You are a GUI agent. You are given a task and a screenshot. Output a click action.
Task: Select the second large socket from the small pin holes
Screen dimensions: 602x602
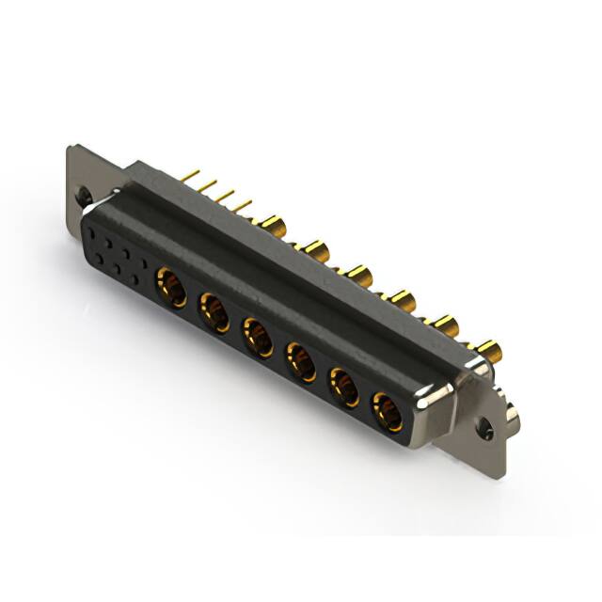tap(214, 310)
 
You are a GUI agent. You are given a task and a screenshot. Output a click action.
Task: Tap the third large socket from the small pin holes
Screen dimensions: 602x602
tap(258, 337)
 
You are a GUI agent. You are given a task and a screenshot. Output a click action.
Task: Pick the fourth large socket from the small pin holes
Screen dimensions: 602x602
tap(301, 361)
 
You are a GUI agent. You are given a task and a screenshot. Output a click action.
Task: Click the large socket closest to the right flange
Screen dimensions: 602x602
tap(387, 411)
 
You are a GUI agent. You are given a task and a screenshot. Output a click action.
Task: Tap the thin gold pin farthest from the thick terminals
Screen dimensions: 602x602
tap(191, 175)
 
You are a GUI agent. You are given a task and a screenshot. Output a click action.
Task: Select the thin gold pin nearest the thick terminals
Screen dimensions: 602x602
tap(242, 204)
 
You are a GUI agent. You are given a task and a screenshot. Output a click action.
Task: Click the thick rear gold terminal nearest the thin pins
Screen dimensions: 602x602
tap(272, 225)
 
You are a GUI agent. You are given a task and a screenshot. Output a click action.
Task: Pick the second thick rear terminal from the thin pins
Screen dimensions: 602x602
tap(316, 250)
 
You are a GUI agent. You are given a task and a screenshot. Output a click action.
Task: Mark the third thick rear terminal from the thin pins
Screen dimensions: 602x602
tap(358, 276)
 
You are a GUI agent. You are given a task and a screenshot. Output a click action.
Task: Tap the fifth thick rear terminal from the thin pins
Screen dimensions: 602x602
tap(445, 326)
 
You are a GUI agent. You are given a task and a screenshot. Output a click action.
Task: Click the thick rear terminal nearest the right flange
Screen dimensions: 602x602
tap(489, 352)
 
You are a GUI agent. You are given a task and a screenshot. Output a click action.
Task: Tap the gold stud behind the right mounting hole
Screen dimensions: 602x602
tap(511, 411)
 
